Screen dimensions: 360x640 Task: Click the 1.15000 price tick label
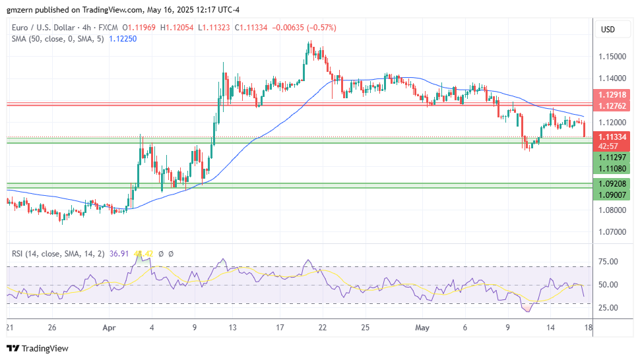tap(613, 56)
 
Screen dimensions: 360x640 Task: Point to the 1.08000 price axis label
tap(613, 210)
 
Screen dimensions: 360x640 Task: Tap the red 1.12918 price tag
tap(613, 95)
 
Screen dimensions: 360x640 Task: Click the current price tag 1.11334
tap(613, 136)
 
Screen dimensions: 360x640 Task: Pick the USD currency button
tap(608, 30)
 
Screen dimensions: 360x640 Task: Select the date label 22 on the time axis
tap(323, 326)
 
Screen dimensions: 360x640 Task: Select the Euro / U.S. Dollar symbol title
tap(48, 28)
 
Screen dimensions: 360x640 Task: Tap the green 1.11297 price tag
tap(613, 157)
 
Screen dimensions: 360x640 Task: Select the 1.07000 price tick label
tap(613, 232)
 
